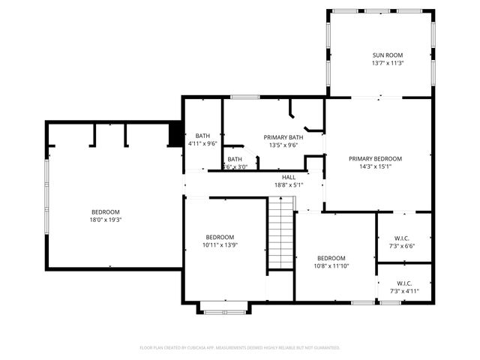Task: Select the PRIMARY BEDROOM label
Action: (376, 158)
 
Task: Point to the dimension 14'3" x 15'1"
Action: (376, 166)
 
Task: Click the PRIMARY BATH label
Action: (283, 137)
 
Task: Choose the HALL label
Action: (289, 177)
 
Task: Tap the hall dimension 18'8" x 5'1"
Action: (289, 184)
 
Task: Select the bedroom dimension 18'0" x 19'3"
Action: (106, 220)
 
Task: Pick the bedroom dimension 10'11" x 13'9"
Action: (220, 244)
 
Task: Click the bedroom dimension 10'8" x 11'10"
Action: (331, 265)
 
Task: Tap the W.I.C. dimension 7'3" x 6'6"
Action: (402, 245)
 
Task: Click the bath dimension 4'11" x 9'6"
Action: (202, 143)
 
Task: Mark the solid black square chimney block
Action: (175, 135)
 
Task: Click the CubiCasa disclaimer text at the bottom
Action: (240, 348)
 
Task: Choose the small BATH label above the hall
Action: (235, 159)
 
